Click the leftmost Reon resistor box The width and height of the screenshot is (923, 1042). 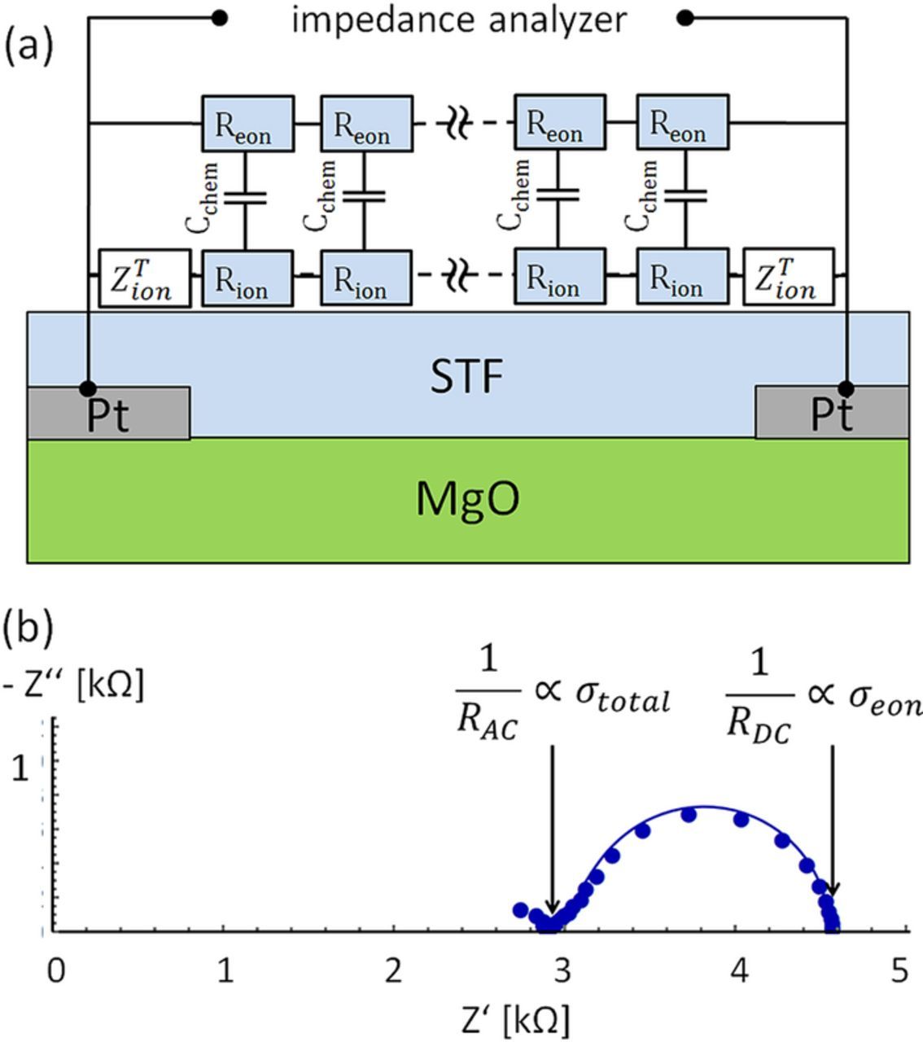[247, 124]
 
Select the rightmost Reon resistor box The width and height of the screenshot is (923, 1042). [682, 124]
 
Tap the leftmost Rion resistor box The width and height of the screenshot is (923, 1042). [247, 278]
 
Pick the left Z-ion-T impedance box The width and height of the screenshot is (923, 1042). [144, 278]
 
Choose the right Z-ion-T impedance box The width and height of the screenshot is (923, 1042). [788, 278]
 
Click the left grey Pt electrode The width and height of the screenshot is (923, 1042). [109, 414]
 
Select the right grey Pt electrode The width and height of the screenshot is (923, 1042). [832, 414]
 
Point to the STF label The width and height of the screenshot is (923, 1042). [467, 377]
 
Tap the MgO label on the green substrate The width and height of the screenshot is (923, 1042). [467, 498]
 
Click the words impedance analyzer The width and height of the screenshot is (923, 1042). [459, 19]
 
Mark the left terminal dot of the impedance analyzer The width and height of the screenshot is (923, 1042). [219, 17]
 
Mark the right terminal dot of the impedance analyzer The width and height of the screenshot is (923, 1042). [685, 17]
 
